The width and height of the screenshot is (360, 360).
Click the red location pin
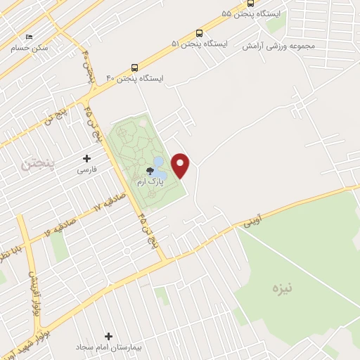click(x=181, y=165)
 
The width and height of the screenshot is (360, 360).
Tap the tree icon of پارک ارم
click(x=150, y=171)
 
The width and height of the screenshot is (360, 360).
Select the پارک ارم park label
click(x=150, y=182)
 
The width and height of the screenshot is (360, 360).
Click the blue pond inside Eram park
click(x=160, y=169)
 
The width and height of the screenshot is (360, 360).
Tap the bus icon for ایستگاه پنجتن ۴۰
click(x=134, y=68)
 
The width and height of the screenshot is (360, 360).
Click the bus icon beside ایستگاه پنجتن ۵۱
click(x=200, y=33)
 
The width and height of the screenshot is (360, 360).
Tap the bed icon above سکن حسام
click(x=29, y=37)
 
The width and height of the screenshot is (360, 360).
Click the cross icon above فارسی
click(x=87, y=158)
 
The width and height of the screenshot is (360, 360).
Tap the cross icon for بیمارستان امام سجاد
click(x=108, y=337)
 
